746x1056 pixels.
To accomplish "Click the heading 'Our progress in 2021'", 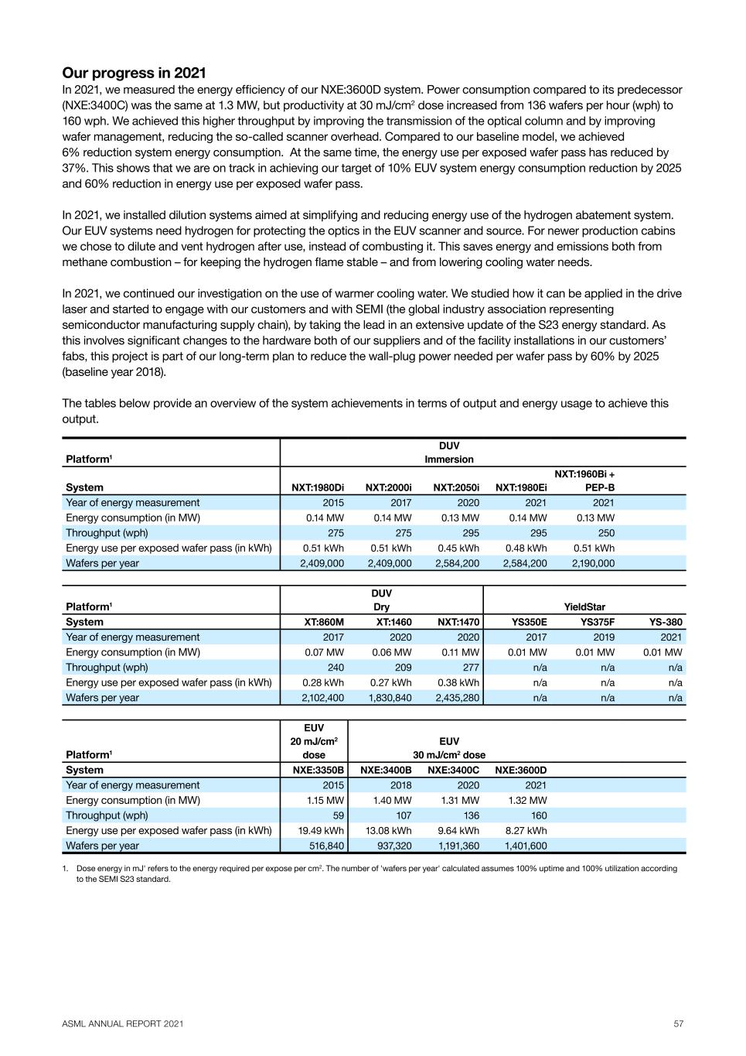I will pyautogui.click(x=134, y=73).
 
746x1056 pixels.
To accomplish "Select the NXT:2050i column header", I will pyautogui.click(x=456, y=487).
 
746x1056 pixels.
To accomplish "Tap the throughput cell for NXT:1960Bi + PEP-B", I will pyautogui.click(x=604, y=533).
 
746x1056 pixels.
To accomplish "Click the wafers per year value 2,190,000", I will pyautogui.click(x=593, y=563).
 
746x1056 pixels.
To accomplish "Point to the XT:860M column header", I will pyautogui.click(x=325, y=622).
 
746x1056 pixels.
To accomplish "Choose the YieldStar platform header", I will pyautogui.click(x=584, y=607).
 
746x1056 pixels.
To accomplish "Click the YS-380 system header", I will pyautogui.click(x=665, y=622).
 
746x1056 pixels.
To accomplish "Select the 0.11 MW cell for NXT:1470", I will pyautogui.click(x=463, y=652).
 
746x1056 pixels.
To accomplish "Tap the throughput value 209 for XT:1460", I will pyautogui.click(x=400, y=667).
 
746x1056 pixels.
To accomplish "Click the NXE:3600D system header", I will pyautogui.click(x=520, y=770).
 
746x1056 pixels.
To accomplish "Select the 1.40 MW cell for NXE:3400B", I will pyautogui.click(x=392, y=800).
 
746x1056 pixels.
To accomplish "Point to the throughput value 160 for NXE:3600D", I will pyautogui.click(x=538, y=815).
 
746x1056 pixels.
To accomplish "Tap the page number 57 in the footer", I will pyautogui.click(x=678, y=1024).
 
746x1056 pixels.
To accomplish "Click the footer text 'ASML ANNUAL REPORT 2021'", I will pyautogui.click(x=123, y=1024).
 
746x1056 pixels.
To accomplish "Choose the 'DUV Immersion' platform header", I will pyautogui.click(x=448, y=453).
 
